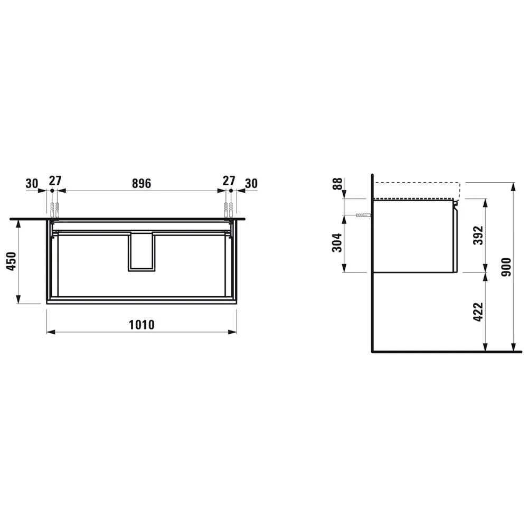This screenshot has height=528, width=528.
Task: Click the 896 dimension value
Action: [142, 183]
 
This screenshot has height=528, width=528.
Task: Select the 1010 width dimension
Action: [142, 324]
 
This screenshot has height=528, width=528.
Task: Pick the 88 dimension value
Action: [336, 185]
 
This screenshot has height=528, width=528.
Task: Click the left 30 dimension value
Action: [32, 183]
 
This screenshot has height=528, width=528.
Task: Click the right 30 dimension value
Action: [251, 183]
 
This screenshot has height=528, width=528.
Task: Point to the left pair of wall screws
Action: [55, 209]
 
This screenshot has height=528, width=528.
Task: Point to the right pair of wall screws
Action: [229, 209]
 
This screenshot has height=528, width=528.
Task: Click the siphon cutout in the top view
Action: [142, 251]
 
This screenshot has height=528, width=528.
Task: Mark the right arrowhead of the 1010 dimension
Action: [233, 332]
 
